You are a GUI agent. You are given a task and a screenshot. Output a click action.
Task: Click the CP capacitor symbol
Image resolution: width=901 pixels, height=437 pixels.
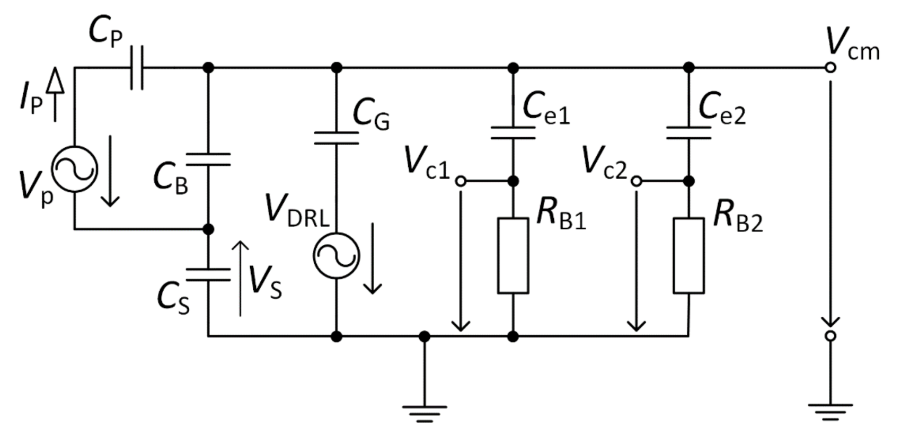(x=137, y=68)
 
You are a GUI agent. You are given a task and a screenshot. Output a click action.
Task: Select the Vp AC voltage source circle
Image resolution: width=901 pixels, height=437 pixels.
(x=74, y=169)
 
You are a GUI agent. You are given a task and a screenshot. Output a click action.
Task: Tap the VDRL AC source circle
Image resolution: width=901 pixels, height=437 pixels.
(x=336, y=255)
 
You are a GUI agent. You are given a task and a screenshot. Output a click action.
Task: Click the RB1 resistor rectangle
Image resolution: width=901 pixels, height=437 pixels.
(x=513, y=255)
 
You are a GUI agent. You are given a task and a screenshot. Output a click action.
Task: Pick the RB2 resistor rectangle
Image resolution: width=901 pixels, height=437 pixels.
(x=688, y=255)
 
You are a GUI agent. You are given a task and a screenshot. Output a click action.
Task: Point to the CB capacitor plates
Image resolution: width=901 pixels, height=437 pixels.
(x=208, y=159)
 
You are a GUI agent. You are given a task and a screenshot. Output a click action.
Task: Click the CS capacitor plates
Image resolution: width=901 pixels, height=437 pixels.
(x=208, y=274)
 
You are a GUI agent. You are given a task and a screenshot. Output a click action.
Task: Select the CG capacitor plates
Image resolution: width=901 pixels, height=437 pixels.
(x=336, y=138)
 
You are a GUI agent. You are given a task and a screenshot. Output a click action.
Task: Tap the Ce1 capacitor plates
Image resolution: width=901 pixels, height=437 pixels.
(x=513, y=132)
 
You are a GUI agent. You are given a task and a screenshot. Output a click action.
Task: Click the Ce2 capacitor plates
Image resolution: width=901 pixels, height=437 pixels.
(x=688, y=132)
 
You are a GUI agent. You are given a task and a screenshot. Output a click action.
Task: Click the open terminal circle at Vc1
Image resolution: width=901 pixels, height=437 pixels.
(x=461, y=181)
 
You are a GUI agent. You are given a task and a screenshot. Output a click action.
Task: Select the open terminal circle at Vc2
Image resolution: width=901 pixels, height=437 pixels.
(x=637, y=181)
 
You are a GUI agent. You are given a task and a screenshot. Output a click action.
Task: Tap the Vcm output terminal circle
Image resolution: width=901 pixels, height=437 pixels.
(x=831, y=68)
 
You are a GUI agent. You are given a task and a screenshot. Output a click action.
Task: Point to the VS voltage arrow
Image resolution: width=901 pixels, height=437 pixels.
(x=241, y=278)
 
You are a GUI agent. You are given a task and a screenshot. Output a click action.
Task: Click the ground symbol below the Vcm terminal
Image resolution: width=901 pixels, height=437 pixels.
(x=831, y=412)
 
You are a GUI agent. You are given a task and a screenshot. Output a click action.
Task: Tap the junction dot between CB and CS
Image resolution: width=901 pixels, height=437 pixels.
(x=208, y=229)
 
